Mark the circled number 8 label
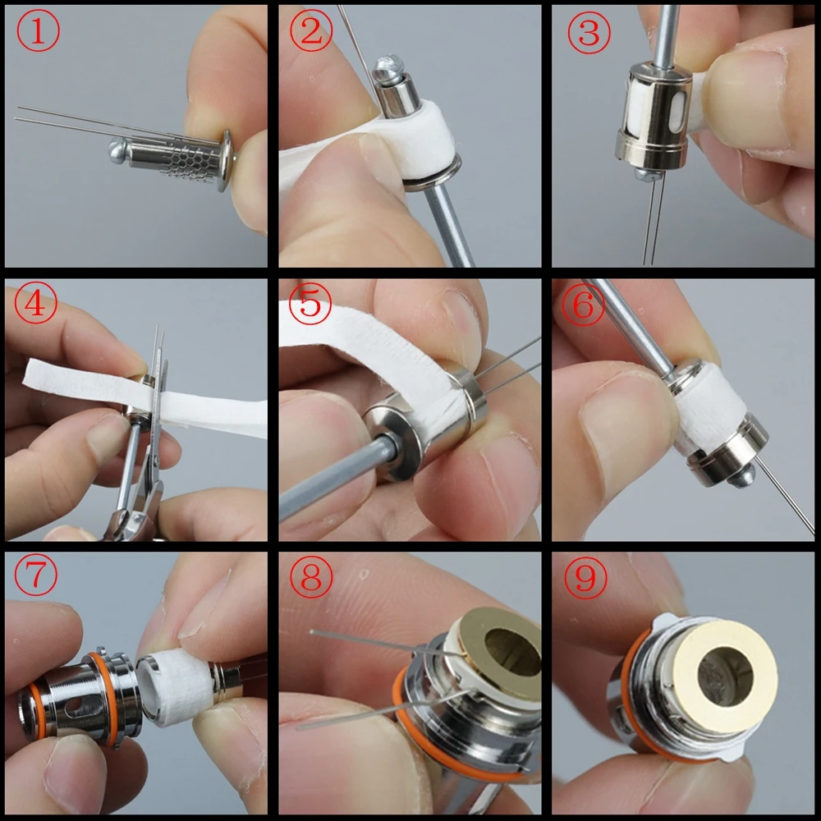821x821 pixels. click(310, 579)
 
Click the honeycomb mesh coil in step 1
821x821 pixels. click(187, 158)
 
